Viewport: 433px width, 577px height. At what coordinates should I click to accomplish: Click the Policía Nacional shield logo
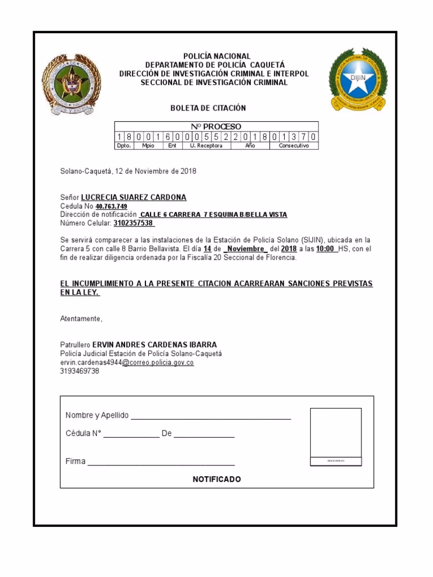(x=72, y=85)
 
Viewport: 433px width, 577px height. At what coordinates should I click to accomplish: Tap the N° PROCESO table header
(x=216, y=127)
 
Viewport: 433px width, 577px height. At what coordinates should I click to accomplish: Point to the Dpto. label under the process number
(x=123, y=145)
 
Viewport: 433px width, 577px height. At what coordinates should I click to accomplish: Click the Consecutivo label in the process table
(x=294, y=145)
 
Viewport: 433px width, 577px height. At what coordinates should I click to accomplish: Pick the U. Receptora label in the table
(x=206, y=145)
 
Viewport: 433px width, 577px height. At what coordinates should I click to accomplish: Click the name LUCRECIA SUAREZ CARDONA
(x=134, y=197)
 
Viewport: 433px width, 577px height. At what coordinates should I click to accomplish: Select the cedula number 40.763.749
(x=111, y=206)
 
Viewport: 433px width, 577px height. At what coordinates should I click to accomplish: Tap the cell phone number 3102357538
(x=134, y=223)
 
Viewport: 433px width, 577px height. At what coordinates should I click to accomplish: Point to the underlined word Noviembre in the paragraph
(x=246, y=248)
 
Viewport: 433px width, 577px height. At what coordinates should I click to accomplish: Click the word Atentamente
(x=81, y=318)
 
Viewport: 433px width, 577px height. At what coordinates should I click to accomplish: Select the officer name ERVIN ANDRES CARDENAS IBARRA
(x=154, y=344)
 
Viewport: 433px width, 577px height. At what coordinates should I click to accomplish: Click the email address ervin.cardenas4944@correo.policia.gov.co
(x=127, y=362)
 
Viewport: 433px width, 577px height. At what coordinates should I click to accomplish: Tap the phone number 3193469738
(x=79, y=371)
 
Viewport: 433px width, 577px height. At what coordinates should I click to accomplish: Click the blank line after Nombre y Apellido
(x=211, y=418)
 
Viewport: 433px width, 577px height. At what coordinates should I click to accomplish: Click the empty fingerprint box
(x=335, y=433)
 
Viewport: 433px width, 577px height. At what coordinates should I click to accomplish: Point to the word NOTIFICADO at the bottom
(x=216, y=480)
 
